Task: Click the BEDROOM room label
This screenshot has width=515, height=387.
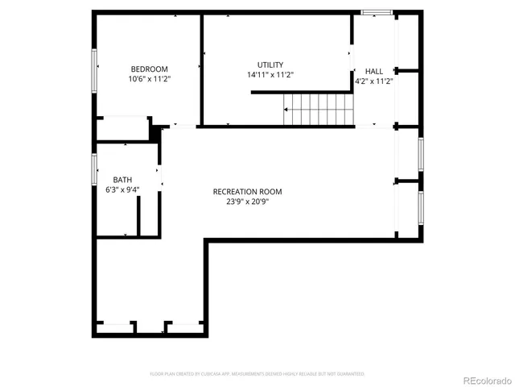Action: point(149,69)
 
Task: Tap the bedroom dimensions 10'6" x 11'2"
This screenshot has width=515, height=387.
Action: point(149,79)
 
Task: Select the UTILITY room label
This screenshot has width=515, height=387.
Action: point(270,64)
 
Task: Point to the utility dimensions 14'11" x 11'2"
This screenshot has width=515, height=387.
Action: point(270,75)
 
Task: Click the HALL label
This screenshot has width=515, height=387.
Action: point(373,71)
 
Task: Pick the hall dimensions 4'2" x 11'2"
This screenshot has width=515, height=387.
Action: point(373,81)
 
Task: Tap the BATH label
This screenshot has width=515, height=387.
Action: point(122,180)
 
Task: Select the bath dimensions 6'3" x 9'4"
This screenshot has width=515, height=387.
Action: point(122,190)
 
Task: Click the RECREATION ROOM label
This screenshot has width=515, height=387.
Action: point(247,191)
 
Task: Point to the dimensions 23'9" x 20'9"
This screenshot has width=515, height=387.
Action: point(247,202)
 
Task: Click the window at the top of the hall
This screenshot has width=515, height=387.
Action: point(377,12)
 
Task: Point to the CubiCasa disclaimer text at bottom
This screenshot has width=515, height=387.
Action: point(257,374)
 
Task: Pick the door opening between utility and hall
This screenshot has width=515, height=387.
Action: point(352,56)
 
